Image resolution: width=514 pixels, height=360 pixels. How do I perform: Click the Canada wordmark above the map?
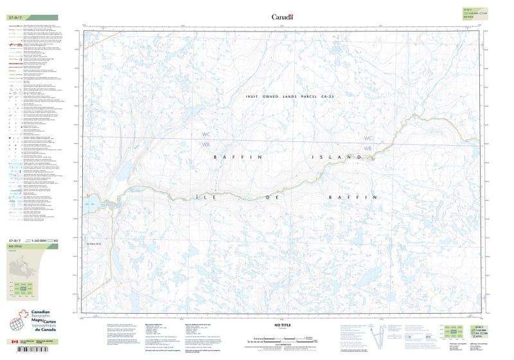(x=282, y=17)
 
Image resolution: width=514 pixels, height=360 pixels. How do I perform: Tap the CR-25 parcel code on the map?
(x=348, y=96)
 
